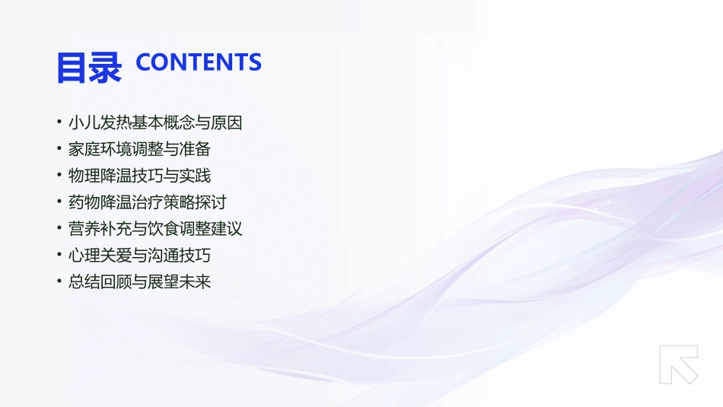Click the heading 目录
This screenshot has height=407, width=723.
tap(88, 67)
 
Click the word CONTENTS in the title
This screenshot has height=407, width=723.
tap(198, 62)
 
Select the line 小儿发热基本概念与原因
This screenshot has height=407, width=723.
tap(155, 122)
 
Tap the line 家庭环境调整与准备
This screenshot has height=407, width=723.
tap(139, 149)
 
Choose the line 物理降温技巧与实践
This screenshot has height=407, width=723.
tap(139, 176)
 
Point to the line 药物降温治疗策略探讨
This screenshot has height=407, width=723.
tap(147, 202)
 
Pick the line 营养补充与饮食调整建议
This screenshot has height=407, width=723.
tap(155, 228)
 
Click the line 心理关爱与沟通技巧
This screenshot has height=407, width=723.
tap(139, 255)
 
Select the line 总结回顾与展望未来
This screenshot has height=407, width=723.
tap(139, 281)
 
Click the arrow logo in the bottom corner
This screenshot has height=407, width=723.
tap(678, 364)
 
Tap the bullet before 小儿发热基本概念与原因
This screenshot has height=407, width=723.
tap(59, 122)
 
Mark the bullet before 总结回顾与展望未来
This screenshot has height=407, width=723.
tap(59, 281)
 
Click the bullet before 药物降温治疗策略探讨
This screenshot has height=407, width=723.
tap(59, 202)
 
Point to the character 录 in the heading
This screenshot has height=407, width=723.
tap(105, 67)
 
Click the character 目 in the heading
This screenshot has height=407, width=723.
tap(72, 67)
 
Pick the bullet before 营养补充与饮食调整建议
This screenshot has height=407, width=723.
tap(59, 228)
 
